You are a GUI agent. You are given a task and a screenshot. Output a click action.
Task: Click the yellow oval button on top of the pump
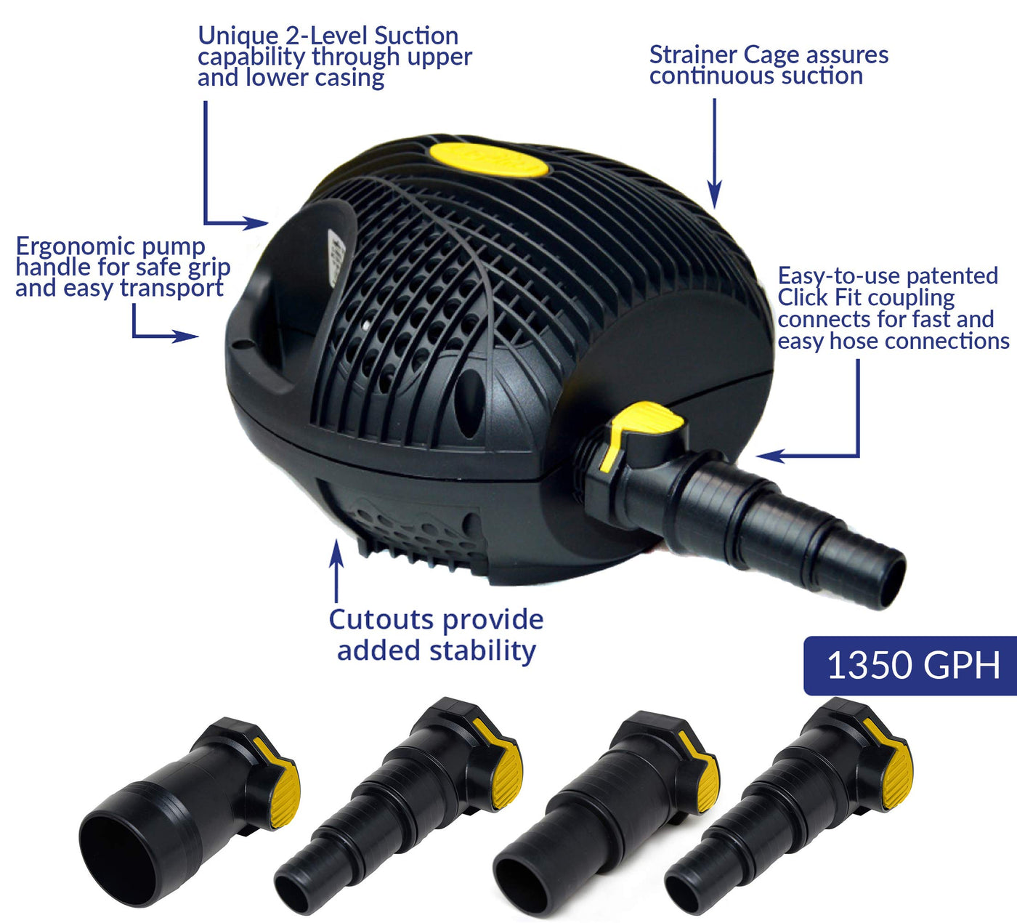coord(489,160)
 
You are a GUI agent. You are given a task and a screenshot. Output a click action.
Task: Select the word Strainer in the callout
coord(692,55)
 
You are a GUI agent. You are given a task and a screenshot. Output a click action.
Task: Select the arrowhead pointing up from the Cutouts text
coord(336,553)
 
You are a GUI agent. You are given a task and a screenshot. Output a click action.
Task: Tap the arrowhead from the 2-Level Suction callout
coord(255,222)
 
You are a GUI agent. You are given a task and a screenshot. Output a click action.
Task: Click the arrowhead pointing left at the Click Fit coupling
coord(771,456)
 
